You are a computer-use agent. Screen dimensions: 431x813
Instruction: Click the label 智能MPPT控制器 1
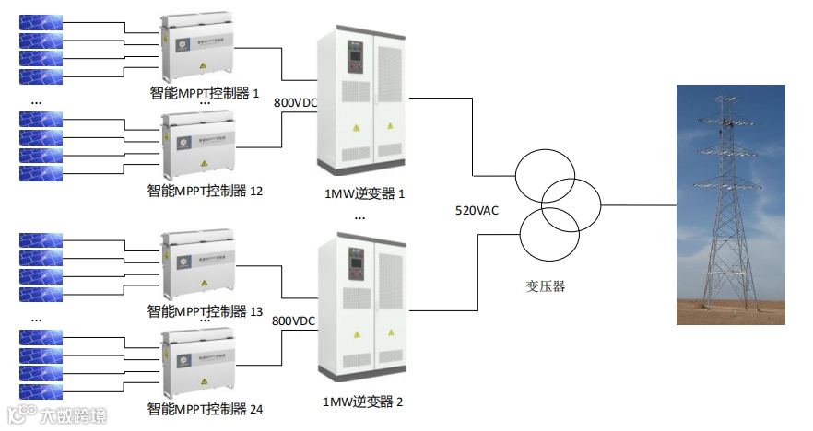point(206,93)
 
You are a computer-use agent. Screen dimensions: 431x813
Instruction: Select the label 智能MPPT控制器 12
point(206,192)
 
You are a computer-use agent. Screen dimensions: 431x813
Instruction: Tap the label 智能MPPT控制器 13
point(206,311)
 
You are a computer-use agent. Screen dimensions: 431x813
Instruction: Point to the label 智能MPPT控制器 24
point(206,408)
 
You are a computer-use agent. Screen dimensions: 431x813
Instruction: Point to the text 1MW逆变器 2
point(363,402)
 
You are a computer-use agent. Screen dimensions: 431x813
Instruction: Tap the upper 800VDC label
point(296,102)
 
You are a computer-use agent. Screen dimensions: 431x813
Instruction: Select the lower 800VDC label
point(294,320)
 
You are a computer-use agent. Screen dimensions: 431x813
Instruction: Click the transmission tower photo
point(731,204)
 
